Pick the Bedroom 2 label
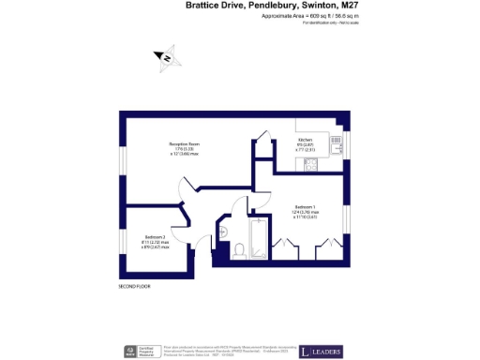pos(157,236)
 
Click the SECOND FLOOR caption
pos(135,284)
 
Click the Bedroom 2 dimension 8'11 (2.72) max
pos(157,242)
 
